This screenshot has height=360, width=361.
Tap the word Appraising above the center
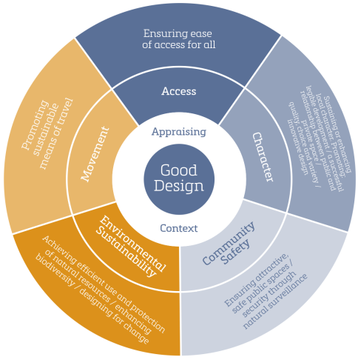(x=178, y=132)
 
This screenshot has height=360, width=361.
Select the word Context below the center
(x=179, y=227)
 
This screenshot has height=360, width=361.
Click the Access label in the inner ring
(x=179, y=91)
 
